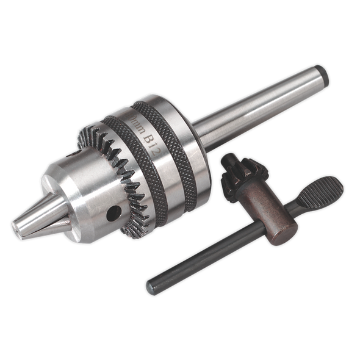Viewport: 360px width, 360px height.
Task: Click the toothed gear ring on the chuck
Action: (x=122, y=183)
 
